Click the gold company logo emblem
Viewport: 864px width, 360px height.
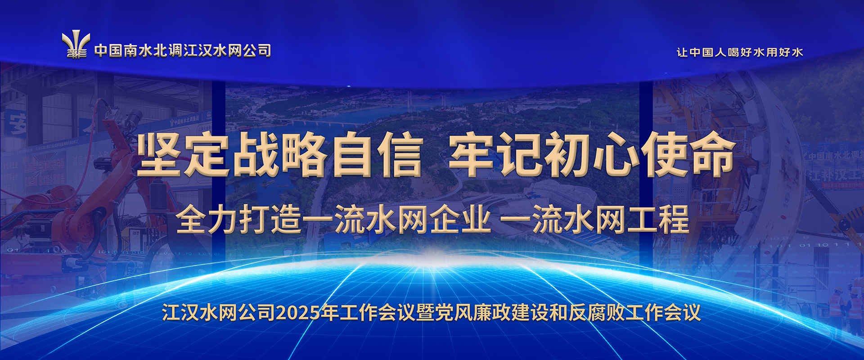point(76,45)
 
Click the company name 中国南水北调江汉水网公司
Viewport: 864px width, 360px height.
point(183,50)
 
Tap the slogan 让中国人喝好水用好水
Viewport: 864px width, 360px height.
point(740,52)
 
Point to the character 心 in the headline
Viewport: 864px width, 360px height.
point(616,154)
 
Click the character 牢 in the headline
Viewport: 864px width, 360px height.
point(472,154)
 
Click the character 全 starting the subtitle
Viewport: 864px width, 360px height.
point(191,219)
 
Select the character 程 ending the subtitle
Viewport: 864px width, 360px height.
point(674,219)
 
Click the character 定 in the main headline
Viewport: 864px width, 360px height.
point(207,154)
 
